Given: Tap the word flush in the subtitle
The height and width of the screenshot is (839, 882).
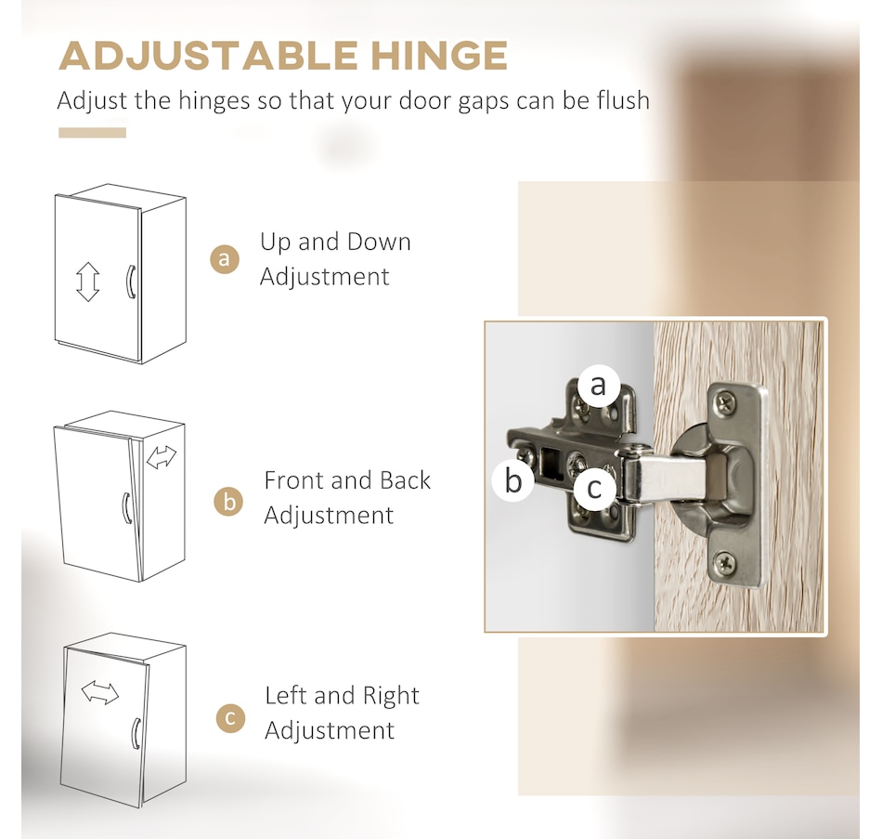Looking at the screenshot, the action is [x=623, y=100].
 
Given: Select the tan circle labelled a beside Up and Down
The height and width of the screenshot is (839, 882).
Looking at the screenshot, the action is [x=225, y=259].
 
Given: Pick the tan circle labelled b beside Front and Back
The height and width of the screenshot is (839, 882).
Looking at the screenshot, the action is [x=228, y=502].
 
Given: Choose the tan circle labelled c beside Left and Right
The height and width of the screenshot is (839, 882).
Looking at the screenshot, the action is [x=230, y=718].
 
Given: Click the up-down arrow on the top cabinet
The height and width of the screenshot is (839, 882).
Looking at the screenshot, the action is [x=88, y=282].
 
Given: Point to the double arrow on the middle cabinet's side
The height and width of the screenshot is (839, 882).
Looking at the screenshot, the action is [x=162, y=456].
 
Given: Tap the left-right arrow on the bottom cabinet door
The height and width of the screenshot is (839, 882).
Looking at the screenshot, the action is [x=100, y=692].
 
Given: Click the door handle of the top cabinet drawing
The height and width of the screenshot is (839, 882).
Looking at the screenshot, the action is [x=130, y=281].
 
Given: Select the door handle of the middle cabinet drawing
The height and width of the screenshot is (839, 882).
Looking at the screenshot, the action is [x=126, y=508].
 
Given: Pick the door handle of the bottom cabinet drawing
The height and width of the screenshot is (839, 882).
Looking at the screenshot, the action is [x=136, y=733].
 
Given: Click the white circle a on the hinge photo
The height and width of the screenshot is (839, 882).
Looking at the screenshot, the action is [x=598, y=386].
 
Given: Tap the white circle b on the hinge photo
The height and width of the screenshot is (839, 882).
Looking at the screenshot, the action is [x=513, y=480].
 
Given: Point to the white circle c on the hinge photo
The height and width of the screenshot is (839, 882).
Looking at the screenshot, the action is [x=594, y=488].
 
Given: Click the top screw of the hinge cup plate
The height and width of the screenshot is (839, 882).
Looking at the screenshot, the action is [x=725, y=402].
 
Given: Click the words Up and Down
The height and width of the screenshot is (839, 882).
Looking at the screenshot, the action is [x=335, y=243].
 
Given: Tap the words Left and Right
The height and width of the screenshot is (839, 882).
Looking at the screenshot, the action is [x=342, y=696].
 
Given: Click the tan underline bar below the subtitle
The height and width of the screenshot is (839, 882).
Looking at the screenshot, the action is [x=92, y=133].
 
